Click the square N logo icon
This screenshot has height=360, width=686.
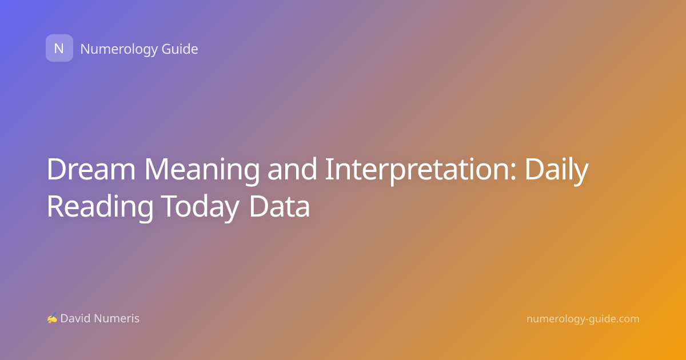click(x=59, y=48)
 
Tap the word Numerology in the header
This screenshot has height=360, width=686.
click(x=118, y=50)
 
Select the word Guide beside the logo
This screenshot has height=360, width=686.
click(x=180, y=49)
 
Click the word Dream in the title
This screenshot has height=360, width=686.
click(x=91, y=169)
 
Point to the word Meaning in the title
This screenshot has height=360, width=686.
click(x=202, y=171)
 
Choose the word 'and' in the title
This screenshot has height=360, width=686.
click(x=292, y=169)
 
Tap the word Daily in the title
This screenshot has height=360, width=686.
click(x=557, y=171)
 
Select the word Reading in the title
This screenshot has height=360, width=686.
click(x=100, y=208)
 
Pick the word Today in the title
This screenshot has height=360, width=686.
click(x=200, y=208)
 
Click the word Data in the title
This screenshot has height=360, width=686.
click(x=280, y=206)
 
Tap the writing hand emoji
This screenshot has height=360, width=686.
click(x=52, y=318)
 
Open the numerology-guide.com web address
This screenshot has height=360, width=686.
click(x=583, y=319)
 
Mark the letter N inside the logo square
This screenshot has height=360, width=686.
click(x=59, y=49)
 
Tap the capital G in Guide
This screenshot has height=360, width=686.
click(x=166, y=49)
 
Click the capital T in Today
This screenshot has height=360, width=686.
click(x=170, y=206)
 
